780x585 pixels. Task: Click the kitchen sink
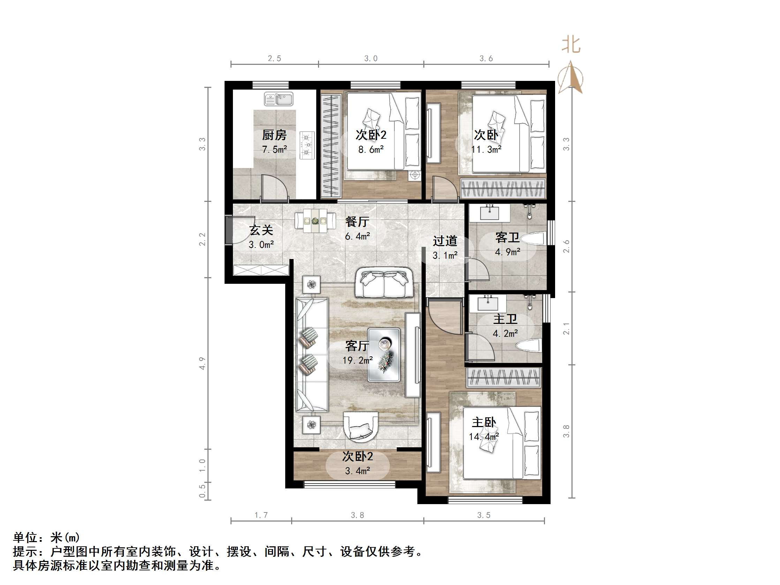tap(279, 99)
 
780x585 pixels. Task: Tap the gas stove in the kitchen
tap(307, 145)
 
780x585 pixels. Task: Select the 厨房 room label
tap(274, 135)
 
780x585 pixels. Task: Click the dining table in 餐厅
tap(315, 221)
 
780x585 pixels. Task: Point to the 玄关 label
tap(261, 230)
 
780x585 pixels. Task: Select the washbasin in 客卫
tap(490, 213)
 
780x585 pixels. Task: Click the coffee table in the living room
tap(384, 355)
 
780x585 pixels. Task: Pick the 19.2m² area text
tap(357, 360)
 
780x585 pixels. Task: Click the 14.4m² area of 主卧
tap(483, 437)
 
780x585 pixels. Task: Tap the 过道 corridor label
tap(445, 241)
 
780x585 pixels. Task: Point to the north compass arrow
tap(570, 78)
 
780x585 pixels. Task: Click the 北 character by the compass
tap(571, 45)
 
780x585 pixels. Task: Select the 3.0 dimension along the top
tap(371, 59)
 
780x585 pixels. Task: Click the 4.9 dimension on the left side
tap(202, 363)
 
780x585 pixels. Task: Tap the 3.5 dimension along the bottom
tap(484, 515)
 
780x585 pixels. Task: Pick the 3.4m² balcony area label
tap(357, 471)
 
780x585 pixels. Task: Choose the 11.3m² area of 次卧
tap(486, 150)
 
